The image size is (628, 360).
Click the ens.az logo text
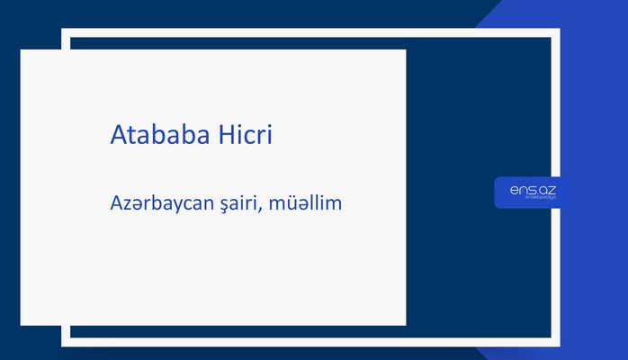(x=532, y=189)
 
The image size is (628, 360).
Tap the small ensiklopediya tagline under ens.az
(x=532, y=200)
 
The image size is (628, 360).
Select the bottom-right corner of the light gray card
(x=405, y=324)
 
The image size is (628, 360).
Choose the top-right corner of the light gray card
(x=405, y=50)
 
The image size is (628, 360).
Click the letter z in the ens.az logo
(x=549, y=189)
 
